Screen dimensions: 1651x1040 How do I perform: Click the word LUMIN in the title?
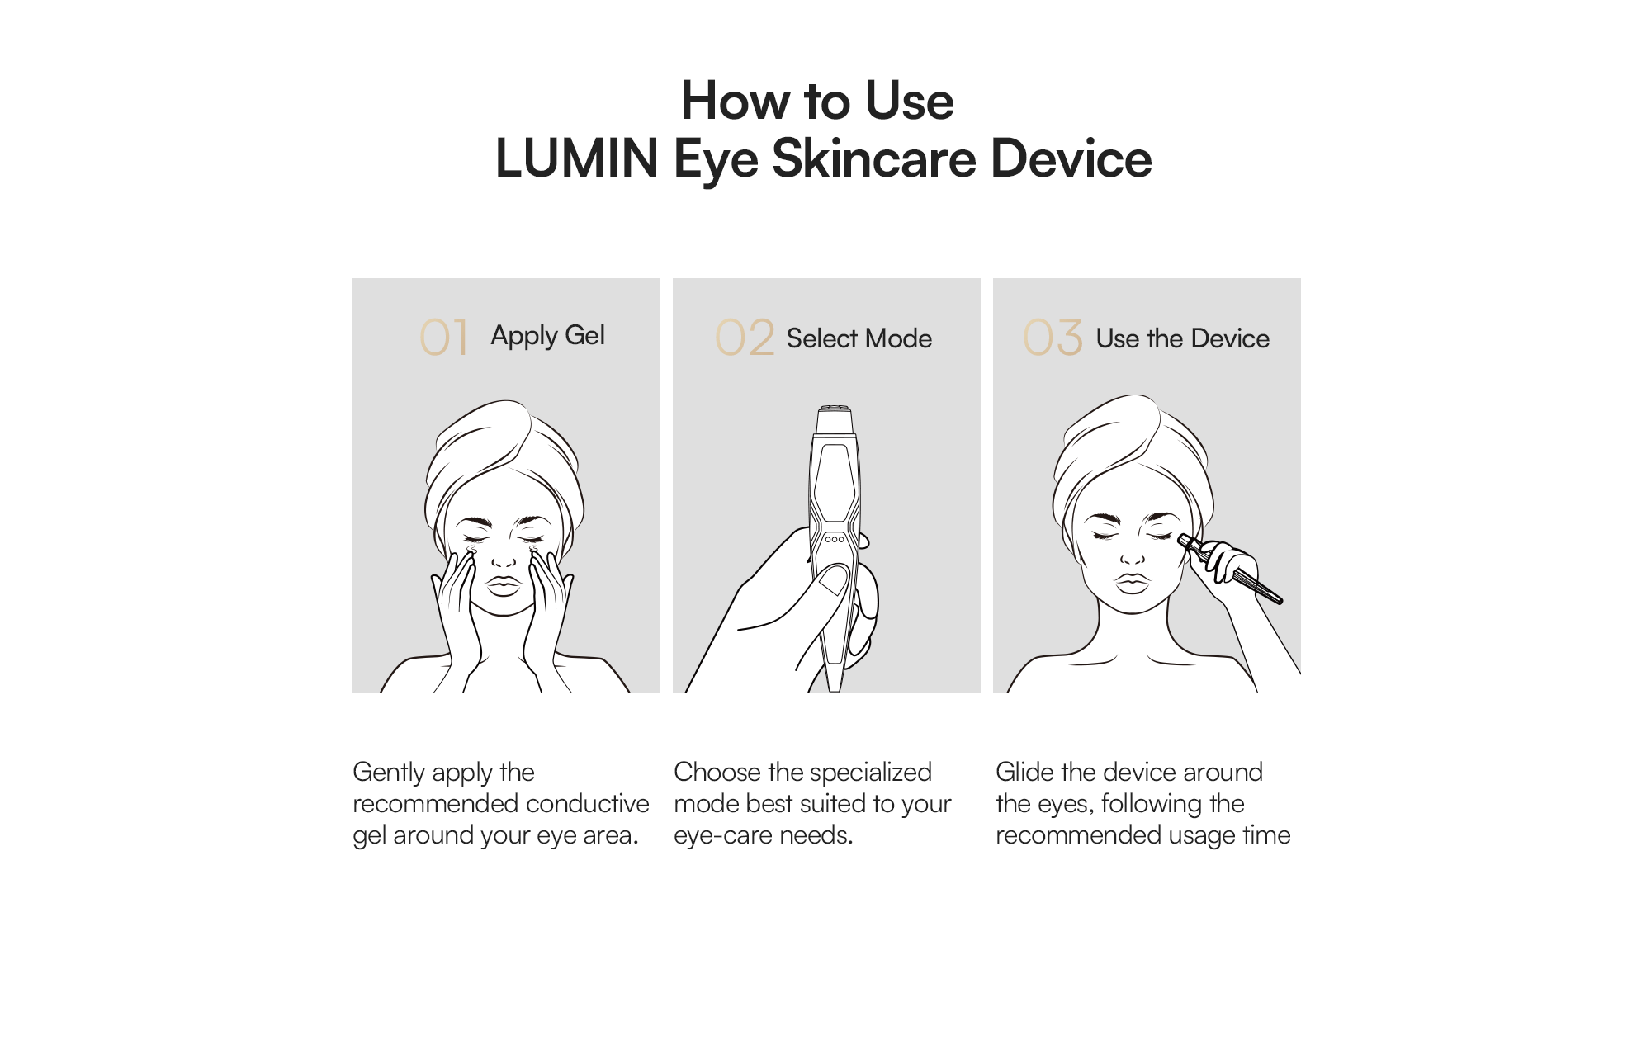pos(576,158)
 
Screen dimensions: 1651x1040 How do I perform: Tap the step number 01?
pos(444,337)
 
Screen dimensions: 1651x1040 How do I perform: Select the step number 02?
pos(745,337)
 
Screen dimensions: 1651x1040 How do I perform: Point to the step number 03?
pos(1053,337)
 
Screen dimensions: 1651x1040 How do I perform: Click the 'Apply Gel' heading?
pos(547,336)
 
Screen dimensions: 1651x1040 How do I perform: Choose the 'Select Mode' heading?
pos(859,338)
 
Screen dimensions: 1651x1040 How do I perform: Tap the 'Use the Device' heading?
pos(1182,338)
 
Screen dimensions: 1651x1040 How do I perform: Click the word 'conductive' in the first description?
pos(587,803)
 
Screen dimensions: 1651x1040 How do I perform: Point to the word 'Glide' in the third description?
pos(1024,772)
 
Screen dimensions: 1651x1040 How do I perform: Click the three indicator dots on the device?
pos(835,539)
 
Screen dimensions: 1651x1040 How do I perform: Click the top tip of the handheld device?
pos(835,409)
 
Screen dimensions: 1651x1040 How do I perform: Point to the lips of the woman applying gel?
pos(503,585)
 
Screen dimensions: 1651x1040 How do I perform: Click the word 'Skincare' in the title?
pos(873,158)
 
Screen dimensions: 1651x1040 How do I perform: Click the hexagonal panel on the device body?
pos(835,483)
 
